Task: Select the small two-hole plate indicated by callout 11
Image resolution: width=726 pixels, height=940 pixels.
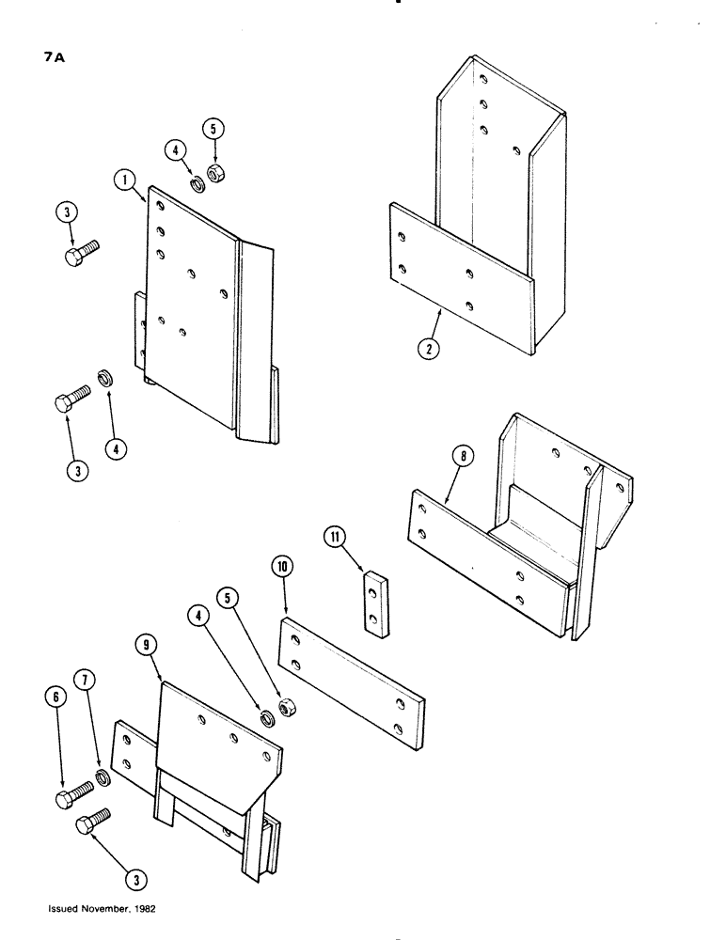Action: [x=376, y=603]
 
